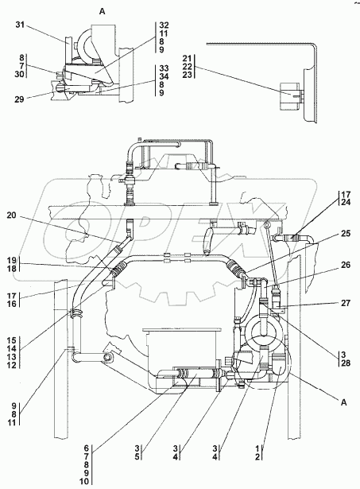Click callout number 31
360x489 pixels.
coord(20,25)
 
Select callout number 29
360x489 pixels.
coord(19,100)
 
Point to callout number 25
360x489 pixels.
coord(346,234)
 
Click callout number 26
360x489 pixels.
coord(346,265)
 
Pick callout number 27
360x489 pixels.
coord(346,303)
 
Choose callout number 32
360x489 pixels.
coord(164,25)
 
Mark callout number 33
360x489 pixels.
coord(164,68)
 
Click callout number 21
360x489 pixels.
coord(187,58)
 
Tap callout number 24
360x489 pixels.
coord(346,203)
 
